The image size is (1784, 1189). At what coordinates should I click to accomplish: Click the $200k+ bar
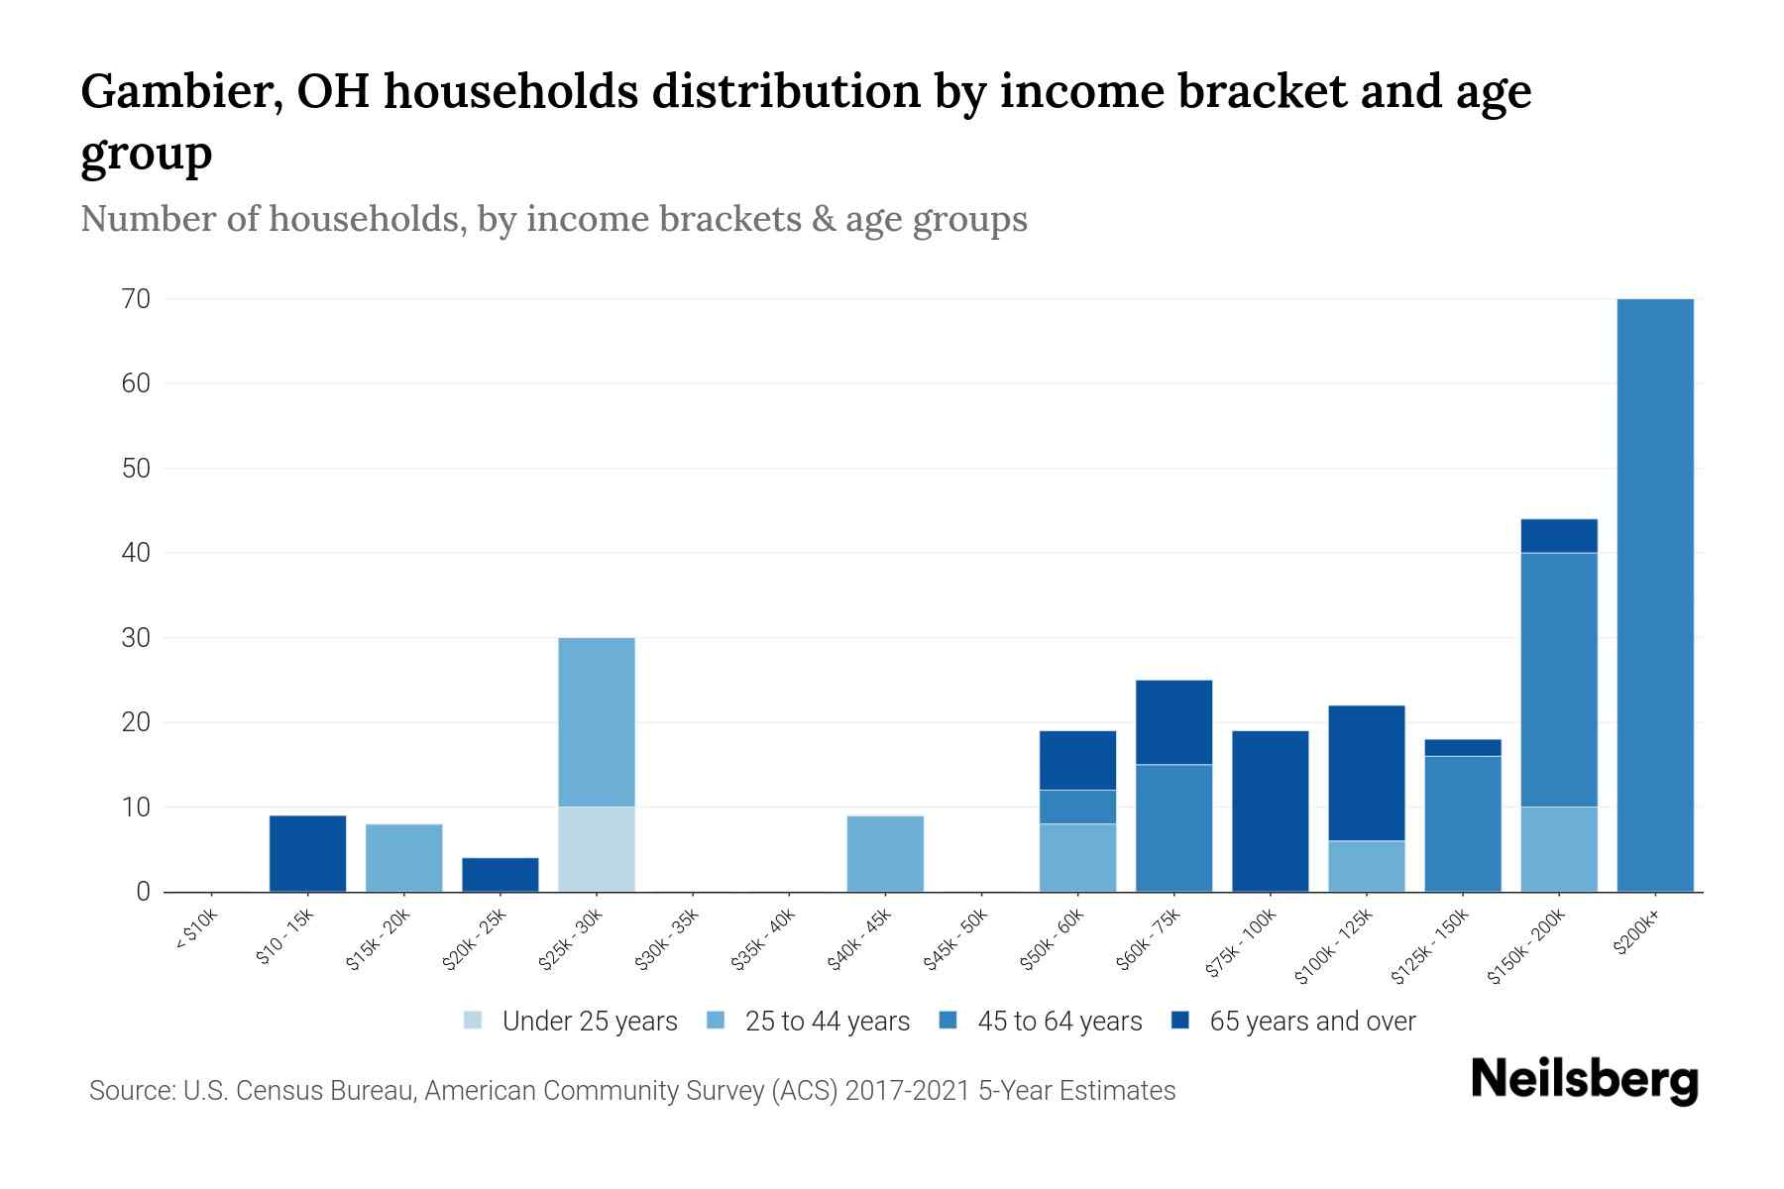(x=1654, y=594)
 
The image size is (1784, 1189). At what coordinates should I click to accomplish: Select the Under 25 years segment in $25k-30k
(x=597, y=849)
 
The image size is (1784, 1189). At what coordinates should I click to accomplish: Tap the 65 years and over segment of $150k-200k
(x=1559, y=536)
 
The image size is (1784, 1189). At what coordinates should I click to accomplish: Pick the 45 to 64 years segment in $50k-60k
(x=1077, y=807)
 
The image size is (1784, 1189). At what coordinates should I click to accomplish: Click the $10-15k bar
(x=308, y=853)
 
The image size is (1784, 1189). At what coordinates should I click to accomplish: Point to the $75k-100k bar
(x=1270, y=811)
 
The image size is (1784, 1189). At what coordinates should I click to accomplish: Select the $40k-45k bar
(x=885, y=853)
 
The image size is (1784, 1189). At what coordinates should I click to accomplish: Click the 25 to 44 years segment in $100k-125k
(x=1366, y=866)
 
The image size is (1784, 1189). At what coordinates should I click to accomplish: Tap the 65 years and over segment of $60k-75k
(x=1173, y=722)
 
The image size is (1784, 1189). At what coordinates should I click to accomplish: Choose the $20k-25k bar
(x=501, y=874)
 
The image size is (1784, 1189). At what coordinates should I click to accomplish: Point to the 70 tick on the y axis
(x=137, y=298)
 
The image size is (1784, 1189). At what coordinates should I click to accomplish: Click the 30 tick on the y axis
(x=137, y=638)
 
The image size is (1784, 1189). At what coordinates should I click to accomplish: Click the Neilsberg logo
(x=1584, y=1081)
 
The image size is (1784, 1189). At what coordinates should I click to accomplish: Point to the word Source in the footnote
(x=130, y=1091)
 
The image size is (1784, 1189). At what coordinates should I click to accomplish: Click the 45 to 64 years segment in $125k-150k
(x=1462, y=823)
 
